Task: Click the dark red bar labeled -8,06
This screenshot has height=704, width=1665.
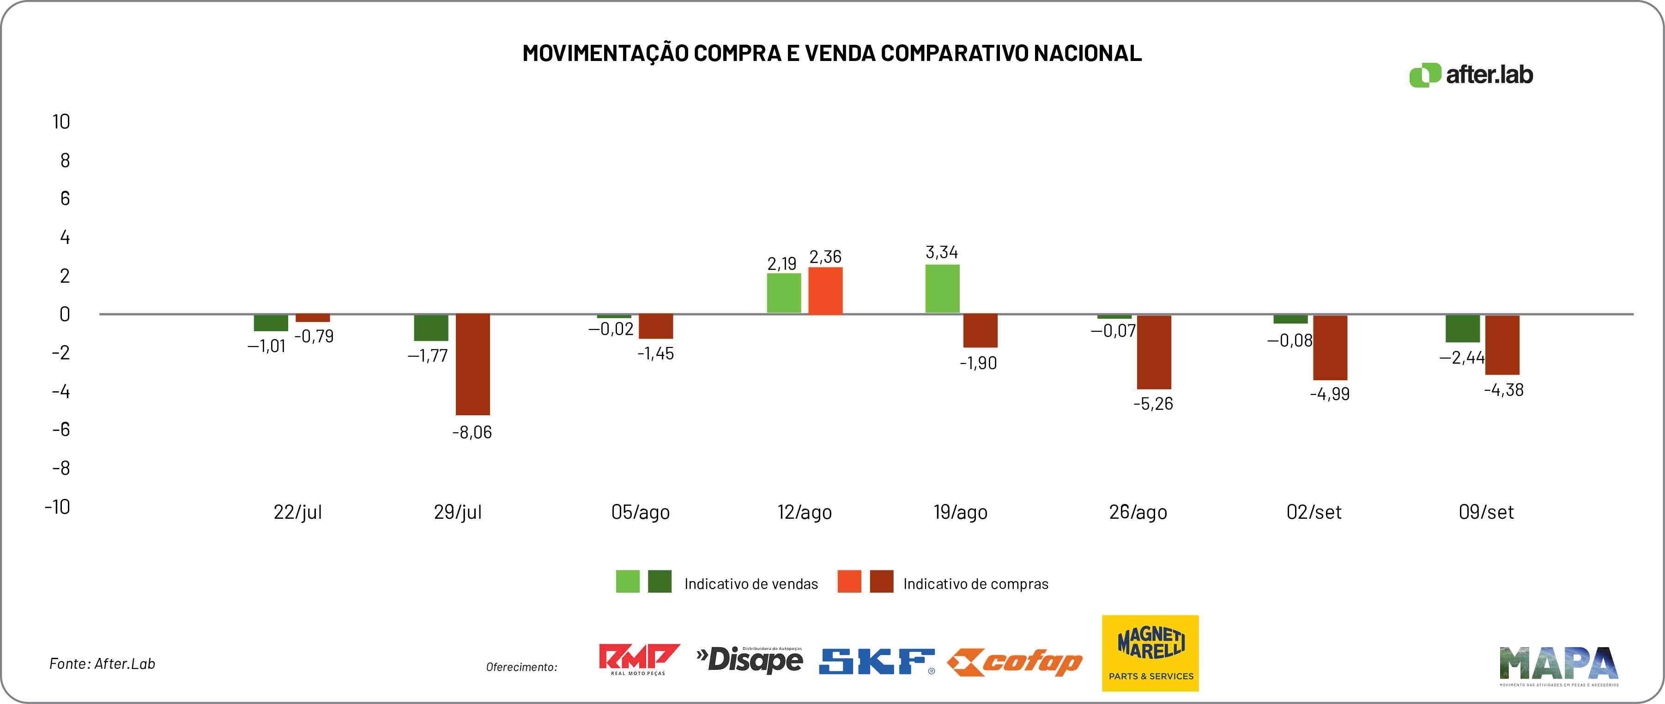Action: click(472, 364)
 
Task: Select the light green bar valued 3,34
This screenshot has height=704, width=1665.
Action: click(942, 289)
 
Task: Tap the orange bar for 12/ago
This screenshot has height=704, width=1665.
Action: click(825, 291)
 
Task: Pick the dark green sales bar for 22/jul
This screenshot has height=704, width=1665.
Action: click(271, 322)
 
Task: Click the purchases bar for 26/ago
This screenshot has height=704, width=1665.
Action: click(1154, 352)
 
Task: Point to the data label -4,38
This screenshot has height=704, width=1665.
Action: click(1503, 390)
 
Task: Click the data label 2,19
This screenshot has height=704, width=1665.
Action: click(781, 264)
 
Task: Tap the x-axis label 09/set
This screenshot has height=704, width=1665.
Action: click(1486, 512)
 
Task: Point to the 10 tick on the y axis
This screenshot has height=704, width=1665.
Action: click(61, 121)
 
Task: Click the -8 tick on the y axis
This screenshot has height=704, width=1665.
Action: click(61, 468)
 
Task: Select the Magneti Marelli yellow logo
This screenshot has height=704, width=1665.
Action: click(1150, 653)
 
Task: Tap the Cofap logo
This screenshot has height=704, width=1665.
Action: click(1014, 662)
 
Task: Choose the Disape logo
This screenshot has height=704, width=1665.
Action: click(750, 659)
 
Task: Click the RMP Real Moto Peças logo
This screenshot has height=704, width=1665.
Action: click(639, 659)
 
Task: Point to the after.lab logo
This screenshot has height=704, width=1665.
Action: click(1471, 75)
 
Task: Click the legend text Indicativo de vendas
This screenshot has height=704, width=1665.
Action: click(751, 584)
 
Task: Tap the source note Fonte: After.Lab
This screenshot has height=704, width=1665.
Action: click(102, 663)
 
